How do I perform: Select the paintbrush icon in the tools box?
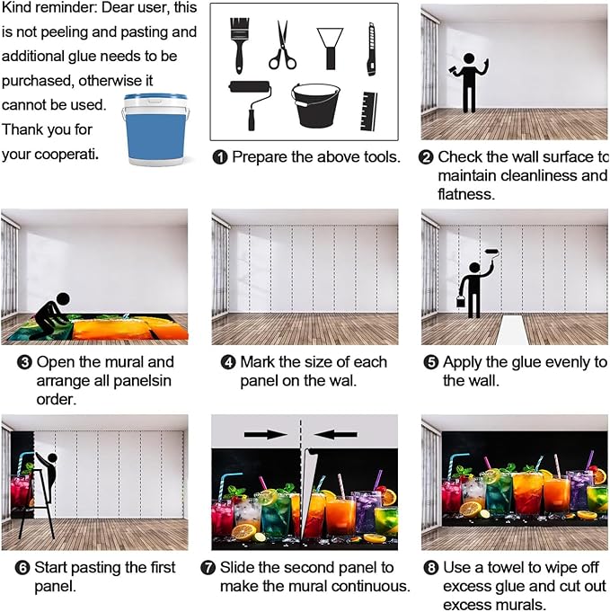240,43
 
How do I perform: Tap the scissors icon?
282,45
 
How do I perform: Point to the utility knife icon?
371,49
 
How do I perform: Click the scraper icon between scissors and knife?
330,45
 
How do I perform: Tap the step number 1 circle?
220,157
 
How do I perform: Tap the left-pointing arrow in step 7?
335,434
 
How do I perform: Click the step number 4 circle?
229,363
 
